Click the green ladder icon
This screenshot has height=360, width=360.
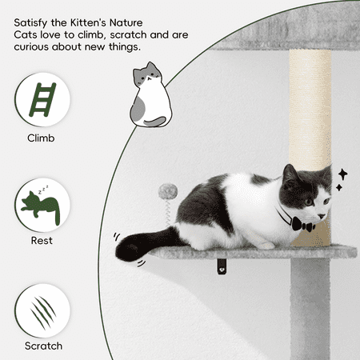point(42,99)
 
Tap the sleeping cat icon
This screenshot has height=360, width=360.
point(41,206)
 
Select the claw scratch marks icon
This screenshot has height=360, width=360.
point(42,312)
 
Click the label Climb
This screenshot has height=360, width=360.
point(41,138)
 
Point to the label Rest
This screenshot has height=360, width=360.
point(42,241)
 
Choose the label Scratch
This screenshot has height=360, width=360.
point(43,346)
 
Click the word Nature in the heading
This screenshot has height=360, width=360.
point(126,22)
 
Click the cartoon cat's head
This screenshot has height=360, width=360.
point(148,74)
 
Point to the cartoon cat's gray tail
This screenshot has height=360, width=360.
point(154,122)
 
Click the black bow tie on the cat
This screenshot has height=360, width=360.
point(303,225)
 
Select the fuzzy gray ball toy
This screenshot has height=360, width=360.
point(168,191)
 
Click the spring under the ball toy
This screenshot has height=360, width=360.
point(168,212)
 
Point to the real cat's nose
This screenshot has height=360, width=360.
point(322,216)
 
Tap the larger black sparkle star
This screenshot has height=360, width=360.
point(342,174)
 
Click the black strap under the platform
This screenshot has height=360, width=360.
point(221,266)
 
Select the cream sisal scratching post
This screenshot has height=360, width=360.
point(310,110)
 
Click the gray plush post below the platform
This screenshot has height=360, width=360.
point(310,310)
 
